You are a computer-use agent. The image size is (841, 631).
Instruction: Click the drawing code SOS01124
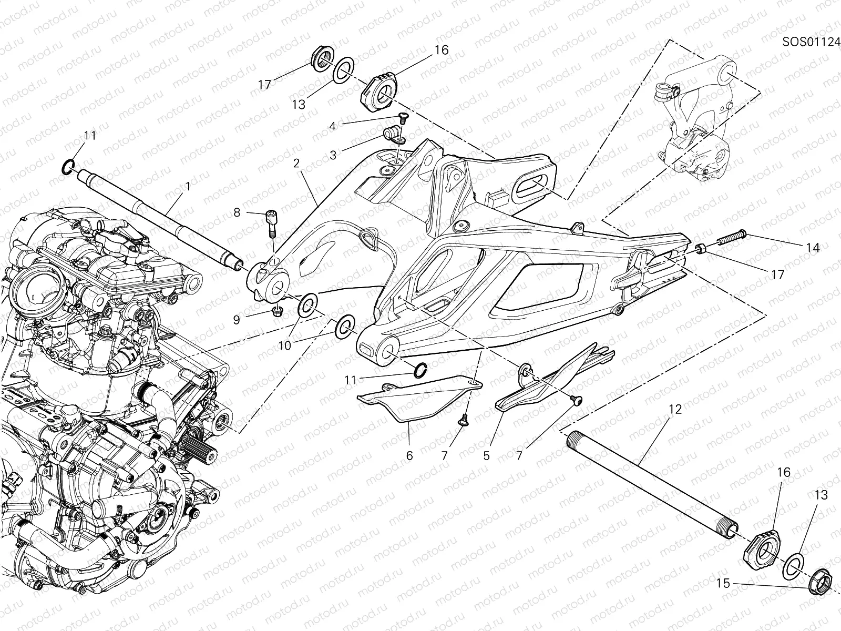click(x=811, y=42)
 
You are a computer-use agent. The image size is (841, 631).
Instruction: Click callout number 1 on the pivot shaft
click(x=188, y=186)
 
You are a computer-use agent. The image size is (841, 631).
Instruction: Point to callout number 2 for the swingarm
click(x=296, y=164)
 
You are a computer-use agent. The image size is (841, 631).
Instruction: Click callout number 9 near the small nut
click(x=237, y=319)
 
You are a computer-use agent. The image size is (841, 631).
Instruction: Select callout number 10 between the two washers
click(x=284, y=345)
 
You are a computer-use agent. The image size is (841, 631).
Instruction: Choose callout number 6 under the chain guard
click(x=409, y=455)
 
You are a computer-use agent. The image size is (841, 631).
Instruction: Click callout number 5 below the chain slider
click(x=486, y=455)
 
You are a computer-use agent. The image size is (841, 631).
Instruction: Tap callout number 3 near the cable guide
click(x=333, y=156)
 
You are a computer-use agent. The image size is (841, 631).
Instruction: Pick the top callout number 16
click(x=441, y=50)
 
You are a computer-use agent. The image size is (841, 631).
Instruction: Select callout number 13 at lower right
click(x=822, y=495)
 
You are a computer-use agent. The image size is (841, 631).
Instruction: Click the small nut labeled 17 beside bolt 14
click(x=701, y=248)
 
